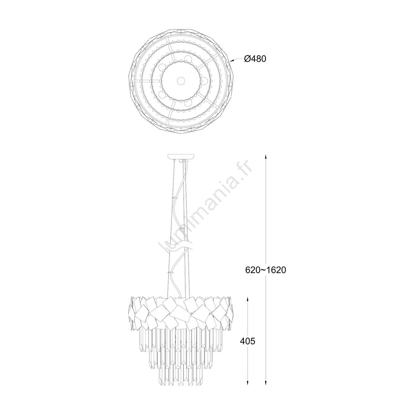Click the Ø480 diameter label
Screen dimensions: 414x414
255,59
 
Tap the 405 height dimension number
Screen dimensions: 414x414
248,341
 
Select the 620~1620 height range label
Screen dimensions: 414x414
266,270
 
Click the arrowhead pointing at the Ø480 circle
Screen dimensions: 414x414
231,61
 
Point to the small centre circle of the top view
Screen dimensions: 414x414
181,80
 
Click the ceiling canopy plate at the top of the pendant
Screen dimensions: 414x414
181,156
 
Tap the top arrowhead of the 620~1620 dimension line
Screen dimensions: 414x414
266,157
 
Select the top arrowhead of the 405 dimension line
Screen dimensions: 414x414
248,299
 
